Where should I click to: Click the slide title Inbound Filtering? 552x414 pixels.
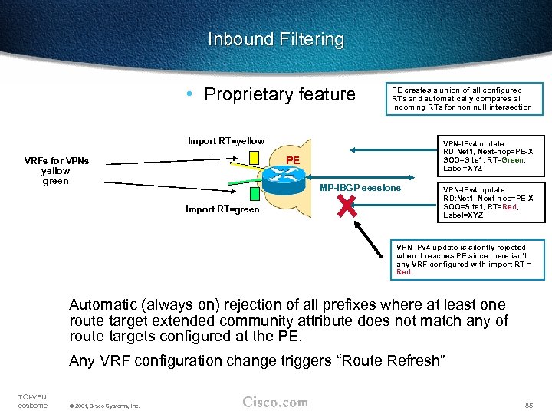coord(276,40)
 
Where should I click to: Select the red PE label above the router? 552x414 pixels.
coord(292,159)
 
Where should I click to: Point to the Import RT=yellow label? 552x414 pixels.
coord(226,141)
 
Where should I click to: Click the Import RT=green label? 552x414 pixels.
coord(223,209)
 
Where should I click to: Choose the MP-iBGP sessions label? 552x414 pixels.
coord(360,188)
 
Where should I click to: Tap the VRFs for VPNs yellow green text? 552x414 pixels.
coord(56,171)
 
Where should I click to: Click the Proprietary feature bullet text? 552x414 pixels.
coord(280,95)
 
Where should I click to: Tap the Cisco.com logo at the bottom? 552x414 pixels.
coord(274,402)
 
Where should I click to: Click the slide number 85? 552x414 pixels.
coord(528,404)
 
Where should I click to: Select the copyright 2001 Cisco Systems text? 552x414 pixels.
coord(103,406)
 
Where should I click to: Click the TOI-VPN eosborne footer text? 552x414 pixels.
coord(32,400)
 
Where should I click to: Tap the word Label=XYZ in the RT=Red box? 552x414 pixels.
coord(463,215)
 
